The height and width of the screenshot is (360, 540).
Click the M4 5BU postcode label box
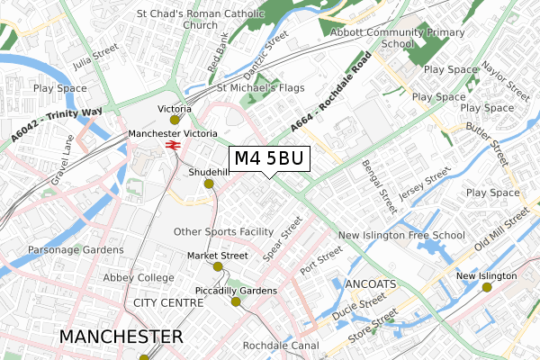tap(270, 159)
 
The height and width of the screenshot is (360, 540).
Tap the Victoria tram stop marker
tap(175, 120)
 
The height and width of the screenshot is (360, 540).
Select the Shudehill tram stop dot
tap(209, 184)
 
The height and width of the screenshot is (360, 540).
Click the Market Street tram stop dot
tap(218, 266)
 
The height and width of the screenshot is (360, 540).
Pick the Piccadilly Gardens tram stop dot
tap(236, 301)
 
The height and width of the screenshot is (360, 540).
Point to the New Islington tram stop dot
tap(487, 287)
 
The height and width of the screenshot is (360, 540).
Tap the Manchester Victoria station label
tap(173, 133)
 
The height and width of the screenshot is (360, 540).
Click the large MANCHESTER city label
tap(121, 337)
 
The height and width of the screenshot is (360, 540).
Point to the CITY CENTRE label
tap(169, 303)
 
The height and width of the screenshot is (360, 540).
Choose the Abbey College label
tap(139, 278)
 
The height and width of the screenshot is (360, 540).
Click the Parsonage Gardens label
tap(75, 249)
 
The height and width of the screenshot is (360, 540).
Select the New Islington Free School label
tap(401, 236)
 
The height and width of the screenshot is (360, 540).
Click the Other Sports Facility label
tap(224, 231)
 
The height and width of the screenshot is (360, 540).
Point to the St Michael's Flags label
tap(261, 88)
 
